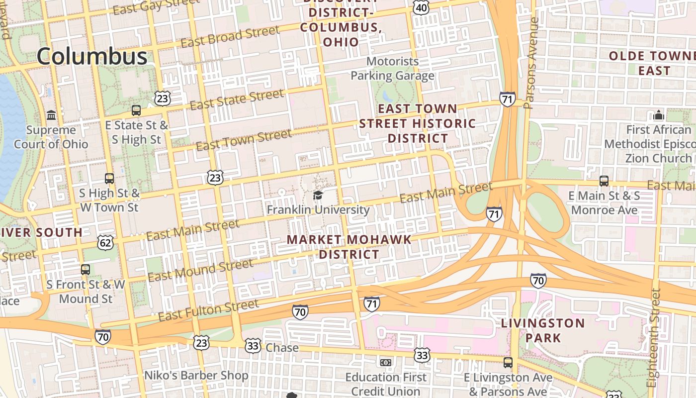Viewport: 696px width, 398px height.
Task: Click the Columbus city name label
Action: (x=92, y=56)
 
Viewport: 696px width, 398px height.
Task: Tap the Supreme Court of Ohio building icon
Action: (x=51, y=115)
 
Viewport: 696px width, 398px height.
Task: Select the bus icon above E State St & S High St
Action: (x=136, y=110)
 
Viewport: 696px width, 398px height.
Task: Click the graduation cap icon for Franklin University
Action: (x=318, y=195)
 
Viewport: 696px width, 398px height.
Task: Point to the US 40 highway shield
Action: (x=421, y=7)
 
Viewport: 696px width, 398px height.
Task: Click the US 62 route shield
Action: (x=106, y=242)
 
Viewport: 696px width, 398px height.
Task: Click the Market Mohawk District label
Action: (x=349, y=247)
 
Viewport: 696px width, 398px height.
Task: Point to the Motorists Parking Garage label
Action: (x=392, y=69)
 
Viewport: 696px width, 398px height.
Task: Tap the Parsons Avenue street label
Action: (x=531, y=63)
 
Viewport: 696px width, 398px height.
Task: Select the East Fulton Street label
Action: (x=208, y=310)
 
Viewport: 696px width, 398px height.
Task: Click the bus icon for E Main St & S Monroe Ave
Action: (x=604, y=181)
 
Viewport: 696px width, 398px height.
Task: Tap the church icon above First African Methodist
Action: (x=659, y=115)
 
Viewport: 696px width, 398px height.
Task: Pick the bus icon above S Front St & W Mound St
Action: (x=86, y=270)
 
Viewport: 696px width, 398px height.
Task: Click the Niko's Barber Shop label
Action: (x=196, y=376)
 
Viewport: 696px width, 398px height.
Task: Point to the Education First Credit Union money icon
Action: (x=385, y=362)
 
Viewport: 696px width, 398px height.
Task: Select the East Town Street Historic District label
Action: (x=418, y=123)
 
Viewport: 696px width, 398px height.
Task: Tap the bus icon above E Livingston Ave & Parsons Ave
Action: (x=508, y=362)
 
